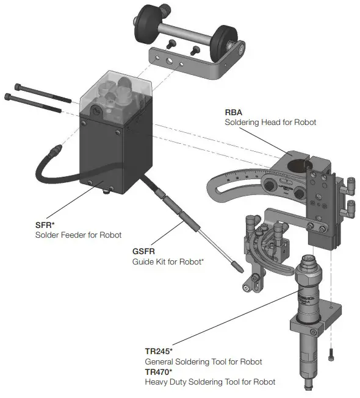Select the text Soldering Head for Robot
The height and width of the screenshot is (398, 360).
coord(271,123)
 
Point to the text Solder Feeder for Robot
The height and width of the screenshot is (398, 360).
coord(78,235)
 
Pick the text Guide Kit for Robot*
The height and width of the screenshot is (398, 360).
coord(168,262)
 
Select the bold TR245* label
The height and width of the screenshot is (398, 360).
coord(159,352)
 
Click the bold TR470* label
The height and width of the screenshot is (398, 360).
coord(159,372)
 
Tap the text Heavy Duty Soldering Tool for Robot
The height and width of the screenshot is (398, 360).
coord(209,382)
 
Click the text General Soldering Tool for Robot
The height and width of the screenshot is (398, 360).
coord(203,362)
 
